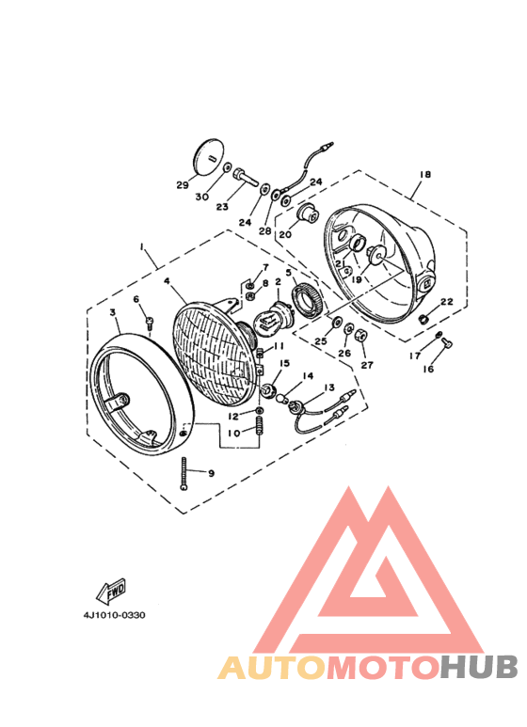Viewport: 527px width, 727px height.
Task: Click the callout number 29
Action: coord(182,185)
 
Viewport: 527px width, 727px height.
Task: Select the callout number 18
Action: coord(424,176)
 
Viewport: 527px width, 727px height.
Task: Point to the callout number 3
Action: coord(112,311)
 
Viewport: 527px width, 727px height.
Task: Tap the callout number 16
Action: coord(428,370)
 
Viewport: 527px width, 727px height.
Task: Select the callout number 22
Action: coord(447,302)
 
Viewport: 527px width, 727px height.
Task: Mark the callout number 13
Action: coord(329,387)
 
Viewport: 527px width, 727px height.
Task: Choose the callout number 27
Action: coord(366,365)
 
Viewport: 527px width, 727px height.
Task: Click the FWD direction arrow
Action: coord(112,592)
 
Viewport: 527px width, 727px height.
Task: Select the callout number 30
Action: coord(202,197)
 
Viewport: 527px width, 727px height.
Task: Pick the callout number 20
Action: coord(284,235)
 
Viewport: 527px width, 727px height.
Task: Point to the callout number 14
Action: coord(307,376)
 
